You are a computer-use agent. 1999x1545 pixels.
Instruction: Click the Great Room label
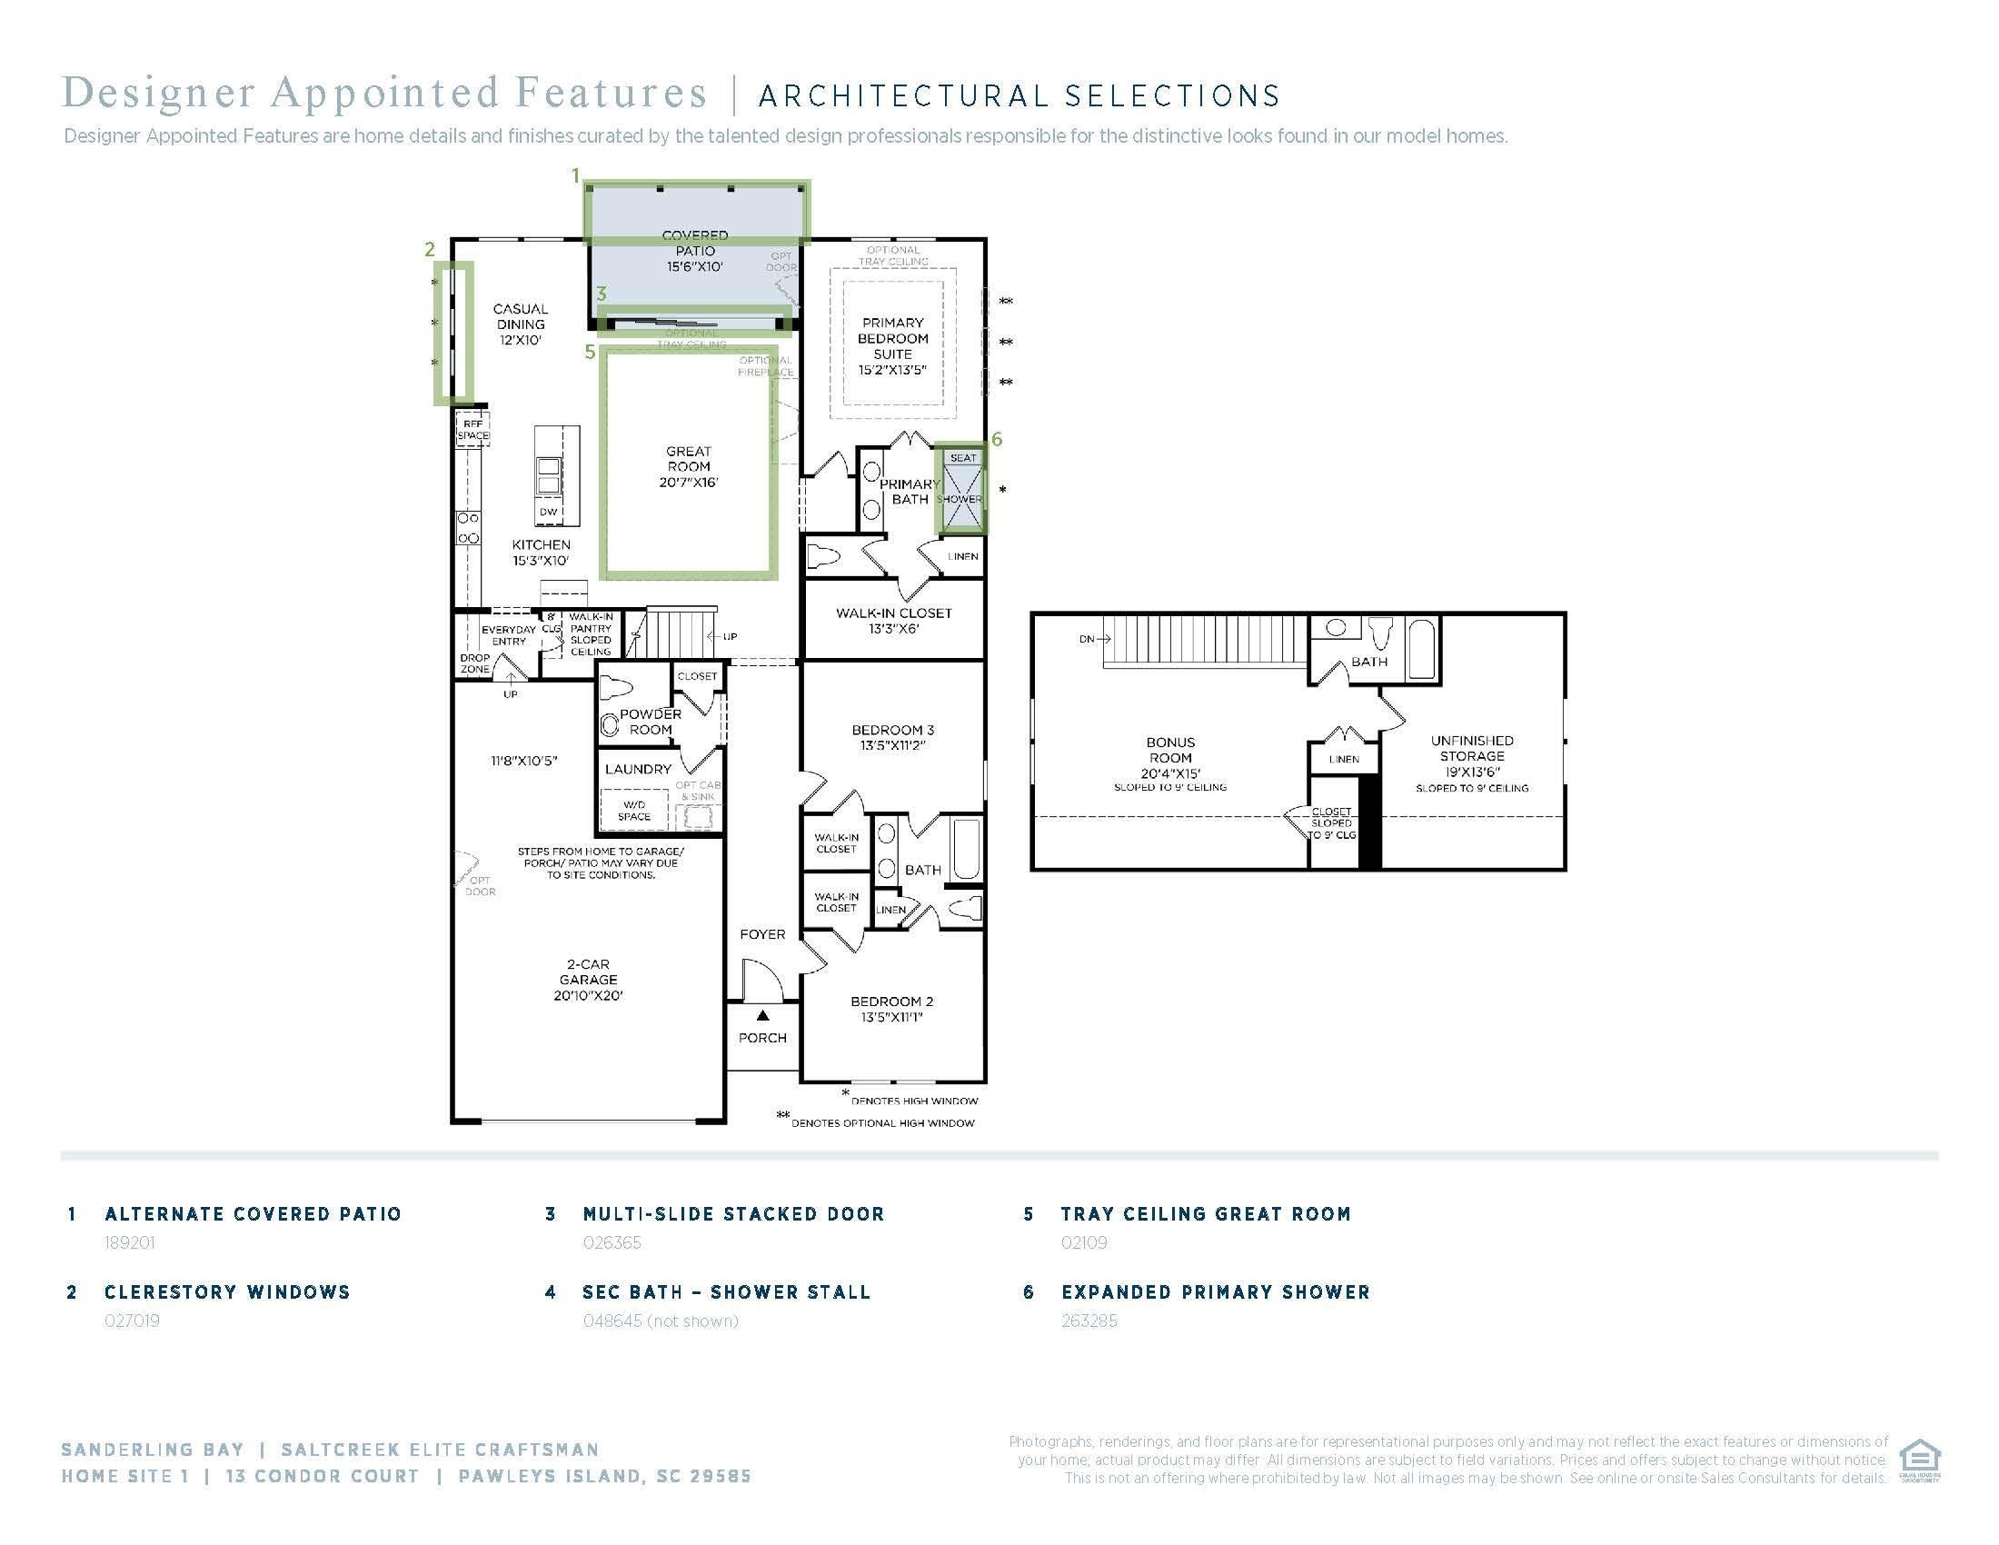(689, 466)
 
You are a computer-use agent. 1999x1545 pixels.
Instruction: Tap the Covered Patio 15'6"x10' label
(695, 251)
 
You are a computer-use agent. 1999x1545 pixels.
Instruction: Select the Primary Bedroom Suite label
(892, 346)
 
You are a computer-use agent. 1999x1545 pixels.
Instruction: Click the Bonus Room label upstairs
(1169, 758)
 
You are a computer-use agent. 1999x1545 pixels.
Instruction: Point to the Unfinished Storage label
(1471, 756)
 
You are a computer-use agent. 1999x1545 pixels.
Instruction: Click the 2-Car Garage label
(588, 980)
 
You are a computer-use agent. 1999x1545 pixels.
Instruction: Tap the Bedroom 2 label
(891, 1009)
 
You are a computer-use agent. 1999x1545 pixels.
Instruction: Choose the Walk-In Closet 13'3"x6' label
(893, 621)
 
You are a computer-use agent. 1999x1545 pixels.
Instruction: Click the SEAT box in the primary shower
(963, 458)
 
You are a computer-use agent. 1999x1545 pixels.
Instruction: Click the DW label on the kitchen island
(548, 512)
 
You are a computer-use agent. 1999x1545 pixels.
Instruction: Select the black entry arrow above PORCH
(762, 1015)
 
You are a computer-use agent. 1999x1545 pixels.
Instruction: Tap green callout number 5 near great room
(591, 352)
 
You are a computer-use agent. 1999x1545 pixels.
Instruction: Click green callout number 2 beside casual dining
(429, 249)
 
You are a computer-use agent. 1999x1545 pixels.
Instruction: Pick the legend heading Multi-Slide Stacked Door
(733, 1213)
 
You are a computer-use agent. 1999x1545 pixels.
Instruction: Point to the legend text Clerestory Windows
(227, 1291)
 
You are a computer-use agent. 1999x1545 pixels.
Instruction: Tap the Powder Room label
(650, 722)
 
